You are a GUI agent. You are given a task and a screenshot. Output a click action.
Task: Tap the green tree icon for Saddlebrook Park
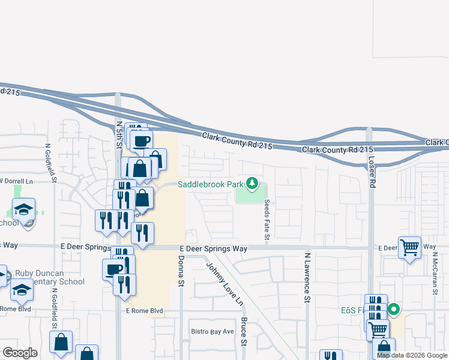pos(253,184)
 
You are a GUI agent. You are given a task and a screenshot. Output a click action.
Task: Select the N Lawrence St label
pos(307,277)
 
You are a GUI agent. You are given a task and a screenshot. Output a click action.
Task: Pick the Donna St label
pos(180,272)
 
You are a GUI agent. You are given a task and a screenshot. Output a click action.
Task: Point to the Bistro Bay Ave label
pos(212,331)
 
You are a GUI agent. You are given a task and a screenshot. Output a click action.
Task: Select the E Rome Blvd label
pos(144,311)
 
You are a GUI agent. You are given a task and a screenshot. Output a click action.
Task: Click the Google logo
pos(20,352)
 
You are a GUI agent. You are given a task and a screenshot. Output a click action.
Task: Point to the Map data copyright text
pos(411,355)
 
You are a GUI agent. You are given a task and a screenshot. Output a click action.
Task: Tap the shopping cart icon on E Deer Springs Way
pos(409,247)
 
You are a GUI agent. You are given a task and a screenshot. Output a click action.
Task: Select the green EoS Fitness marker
pos(394,310)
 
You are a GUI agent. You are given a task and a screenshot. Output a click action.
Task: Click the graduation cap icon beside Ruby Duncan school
pos(22,290)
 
